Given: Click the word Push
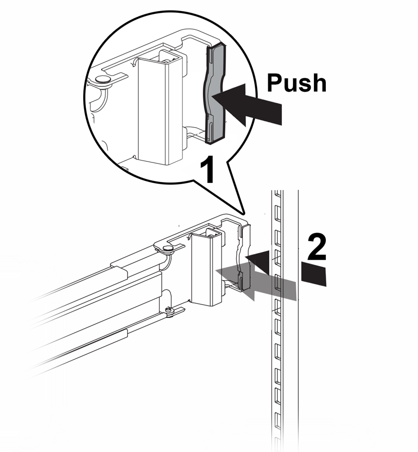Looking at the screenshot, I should (x=296, y=83).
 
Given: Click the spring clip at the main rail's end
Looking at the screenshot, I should (x=244, y=256).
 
